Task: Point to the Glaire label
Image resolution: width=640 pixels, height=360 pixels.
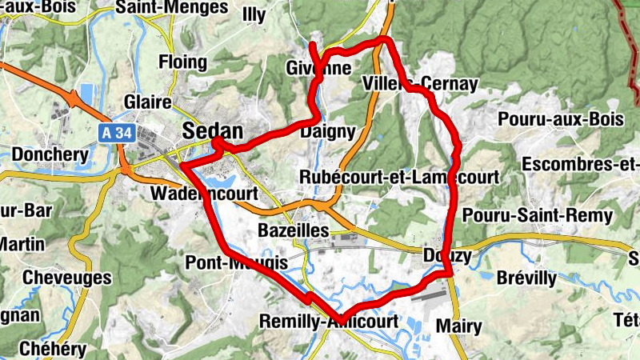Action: [148, 102]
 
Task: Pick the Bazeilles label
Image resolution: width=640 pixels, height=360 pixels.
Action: [294, 230]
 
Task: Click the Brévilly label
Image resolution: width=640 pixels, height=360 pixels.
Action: [526, 278]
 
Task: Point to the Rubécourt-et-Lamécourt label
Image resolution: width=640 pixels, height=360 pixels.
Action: [399, 176]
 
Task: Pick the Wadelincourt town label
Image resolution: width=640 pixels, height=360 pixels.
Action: [204, 194]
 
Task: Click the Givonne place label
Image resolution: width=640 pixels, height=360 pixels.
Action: [318, 69]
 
